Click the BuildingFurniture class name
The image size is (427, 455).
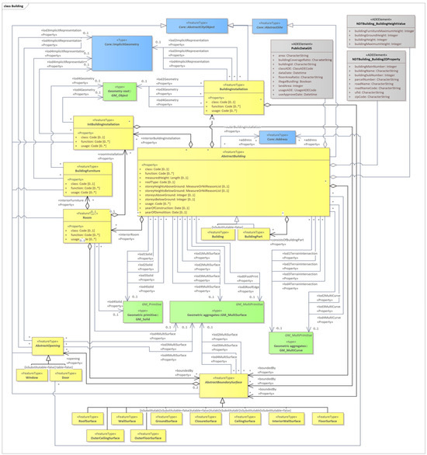click(87, 168)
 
